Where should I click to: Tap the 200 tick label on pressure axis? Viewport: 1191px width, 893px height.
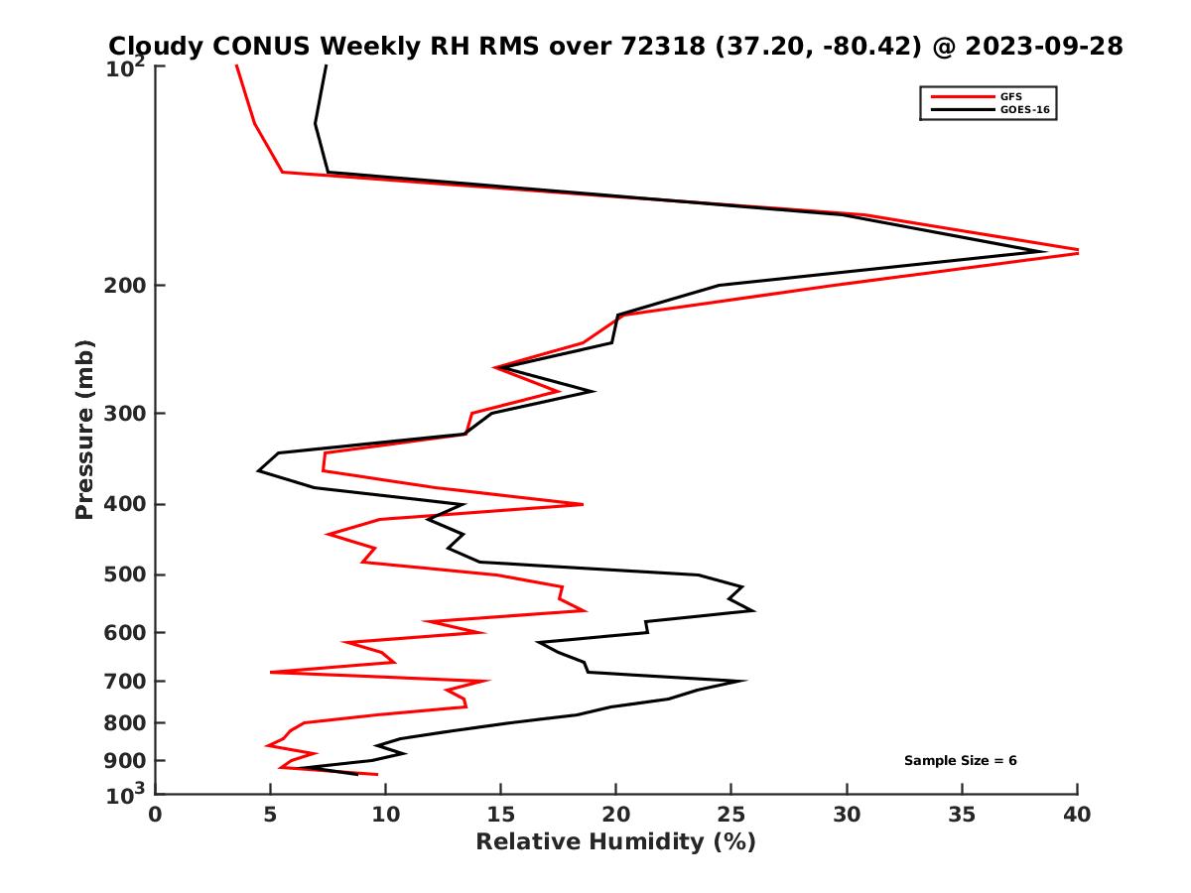coord(120,286)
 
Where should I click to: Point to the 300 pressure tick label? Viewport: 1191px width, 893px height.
coord(120,413)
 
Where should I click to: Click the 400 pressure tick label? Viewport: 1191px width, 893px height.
coord(120,504)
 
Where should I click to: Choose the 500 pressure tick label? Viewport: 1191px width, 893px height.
coord(120,574)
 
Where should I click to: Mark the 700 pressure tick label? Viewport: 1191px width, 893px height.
coord(120,681)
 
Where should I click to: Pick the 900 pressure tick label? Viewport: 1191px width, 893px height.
coord(120,761)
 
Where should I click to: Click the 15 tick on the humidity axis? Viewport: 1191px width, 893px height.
coord(501,815)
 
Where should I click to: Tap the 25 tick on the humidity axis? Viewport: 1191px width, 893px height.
coord(731,815)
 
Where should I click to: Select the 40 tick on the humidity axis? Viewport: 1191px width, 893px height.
coord(1077,815)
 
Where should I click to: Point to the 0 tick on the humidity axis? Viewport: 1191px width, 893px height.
coord(156,815)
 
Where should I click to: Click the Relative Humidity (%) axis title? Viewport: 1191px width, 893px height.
coord(616,842)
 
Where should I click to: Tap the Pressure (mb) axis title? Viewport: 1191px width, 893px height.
coord(84,429)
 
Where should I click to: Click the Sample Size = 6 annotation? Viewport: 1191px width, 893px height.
coord(960,761)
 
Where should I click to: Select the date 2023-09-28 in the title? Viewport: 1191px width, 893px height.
coord(1043,46)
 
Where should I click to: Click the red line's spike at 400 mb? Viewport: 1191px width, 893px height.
coord(582,504)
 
